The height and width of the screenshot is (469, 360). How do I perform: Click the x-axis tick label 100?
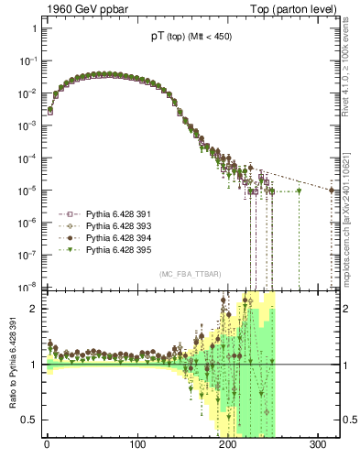[x=137, y=444]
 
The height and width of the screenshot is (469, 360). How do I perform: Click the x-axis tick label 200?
[x=227, y=444]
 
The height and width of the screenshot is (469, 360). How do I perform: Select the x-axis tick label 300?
[x=318, y=444]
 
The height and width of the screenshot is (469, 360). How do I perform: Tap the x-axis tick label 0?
[x=47, y=444]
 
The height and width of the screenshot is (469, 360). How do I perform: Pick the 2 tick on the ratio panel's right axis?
[x=349, y=309]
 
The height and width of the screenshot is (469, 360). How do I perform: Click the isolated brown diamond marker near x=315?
[x=332, y=191]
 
